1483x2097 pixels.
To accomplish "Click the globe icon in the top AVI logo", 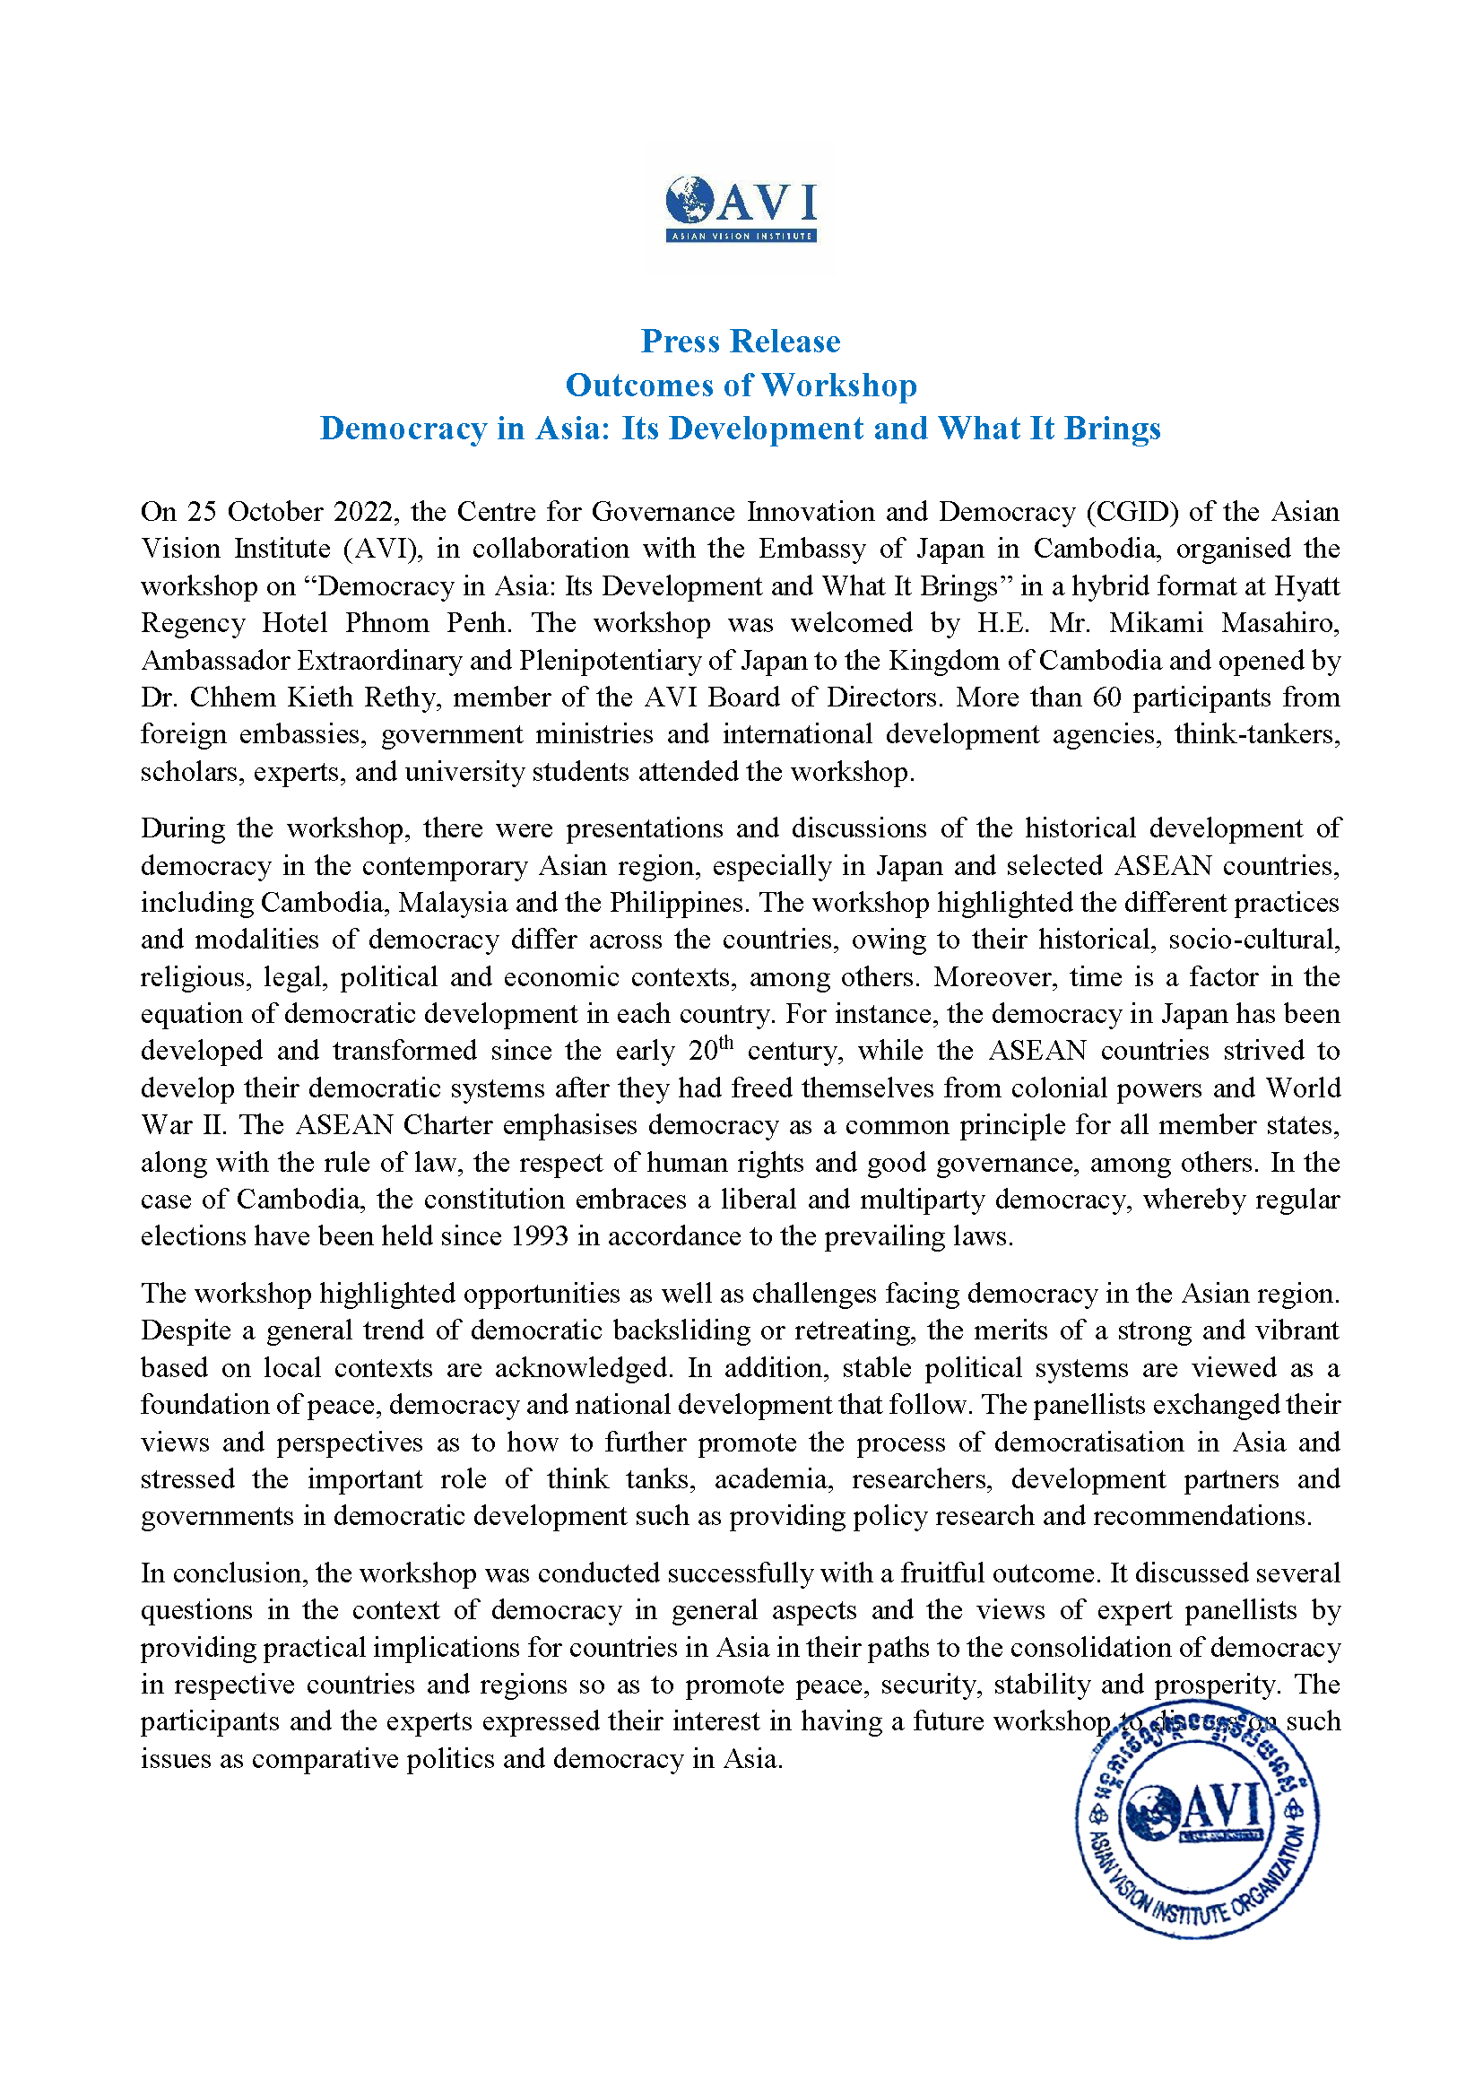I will point(689,200).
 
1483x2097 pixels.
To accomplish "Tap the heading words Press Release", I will point(741,342).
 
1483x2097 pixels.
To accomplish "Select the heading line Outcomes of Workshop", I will point(741,386).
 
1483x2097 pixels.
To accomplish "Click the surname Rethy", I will point(401,698).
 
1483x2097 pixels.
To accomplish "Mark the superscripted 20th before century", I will point(711,1050).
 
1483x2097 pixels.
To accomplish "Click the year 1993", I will point(540,1237).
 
